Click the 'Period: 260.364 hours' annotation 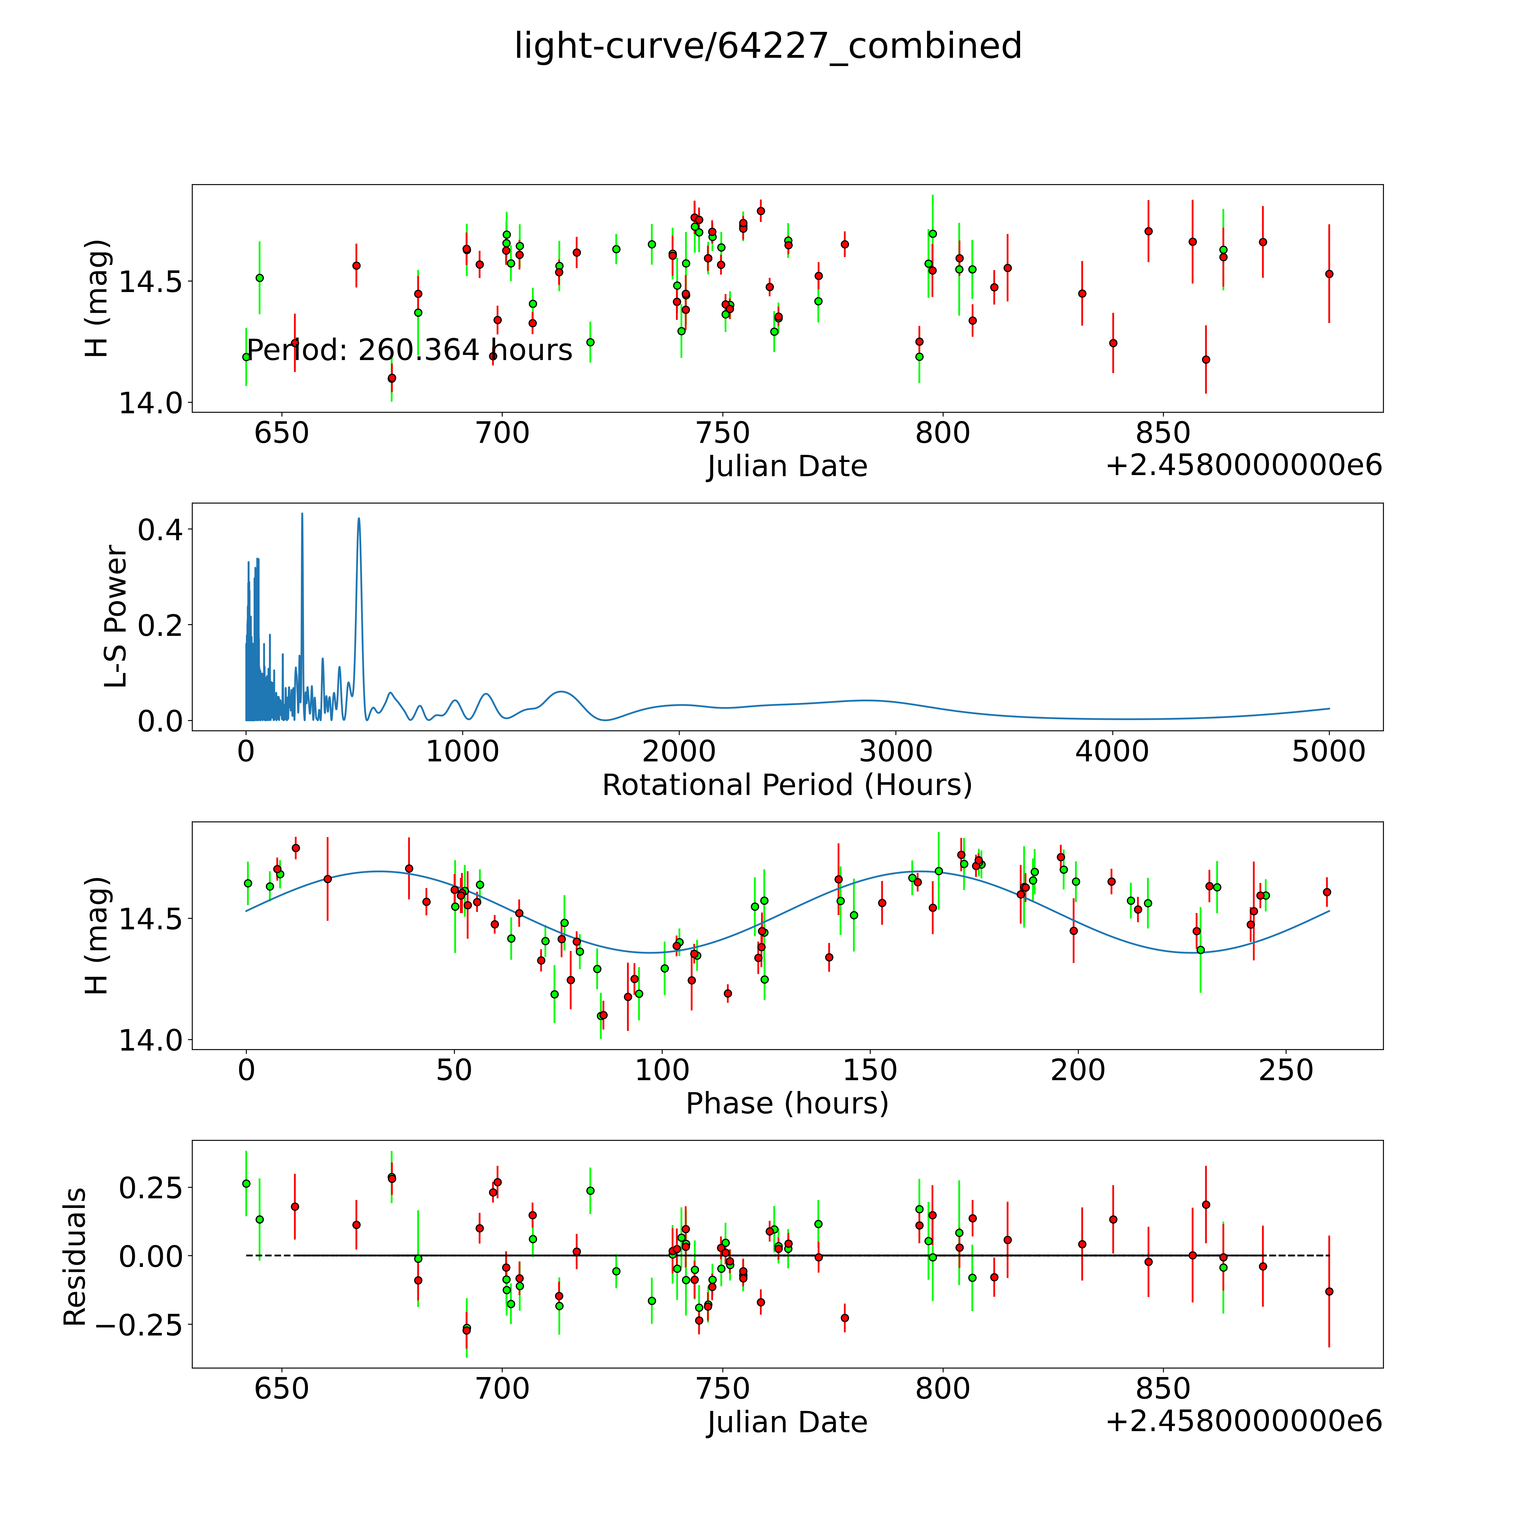click(x=410, y=350)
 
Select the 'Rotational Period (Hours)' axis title click(x=787, y=785)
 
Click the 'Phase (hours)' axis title click(x=787, y=1104)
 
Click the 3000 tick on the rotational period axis click(x=896, y=751)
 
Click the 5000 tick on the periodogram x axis click(x=1329, y=751)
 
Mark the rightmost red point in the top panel click(x=1329, y=274)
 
